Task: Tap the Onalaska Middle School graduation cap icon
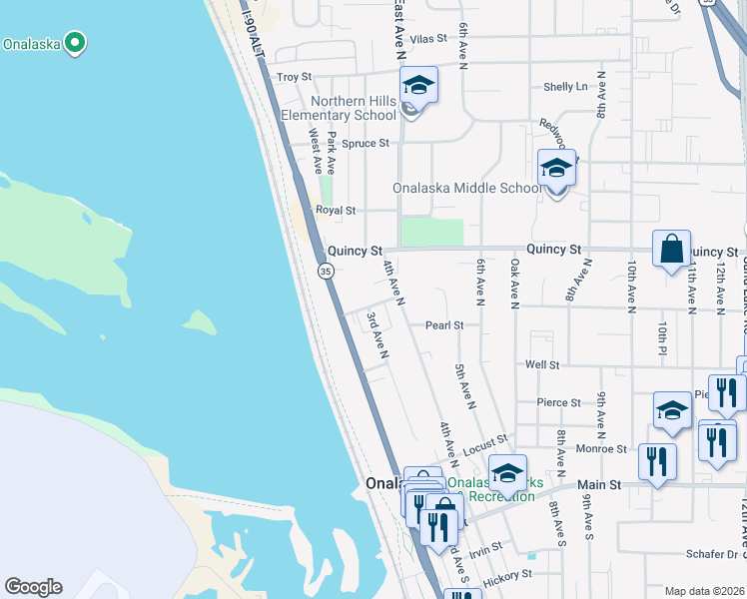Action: click(556, 167)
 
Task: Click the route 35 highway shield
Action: click(326, 271)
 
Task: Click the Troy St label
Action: click(294, 77)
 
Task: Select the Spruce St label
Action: click(366, 144)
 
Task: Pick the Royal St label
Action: click(336, 211)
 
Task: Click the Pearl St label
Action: click(444, 325)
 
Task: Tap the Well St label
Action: click(543, 365)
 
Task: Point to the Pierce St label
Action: click(558, 403)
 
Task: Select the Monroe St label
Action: click(606, 450)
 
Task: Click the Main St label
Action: click(601, 484)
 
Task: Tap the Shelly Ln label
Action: click(565, 87)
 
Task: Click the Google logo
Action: click(33, 587)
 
